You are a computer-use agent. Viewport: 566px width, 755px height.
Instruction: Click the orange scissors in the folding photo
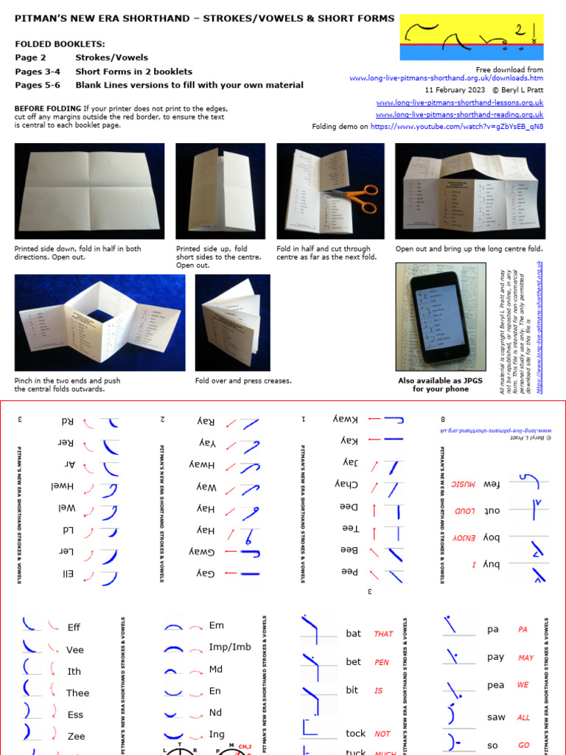[x=352, y=195]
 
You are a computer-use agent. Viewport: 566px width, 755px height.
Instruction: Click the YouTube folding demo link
[x=457, y=126]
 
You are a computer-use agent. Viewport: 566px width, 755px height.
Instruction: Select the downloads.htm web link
[x=446, y=77]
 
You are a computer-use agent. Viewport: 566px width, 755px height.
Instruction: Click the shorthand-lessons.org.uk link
[x=459, y=102]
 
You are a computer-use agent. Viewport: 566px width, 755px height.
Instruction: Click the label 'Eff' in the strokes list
[x=74, y=627]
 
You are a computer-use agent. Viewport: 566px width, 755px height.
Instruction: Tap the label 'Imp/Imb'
[x=230, y=647]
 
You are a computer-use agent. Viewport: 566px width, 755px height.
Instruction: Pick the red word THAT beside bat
[x=383, y=634]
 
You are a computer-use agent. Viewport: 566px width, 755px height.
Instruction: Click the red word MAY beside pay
[x=525, y=658]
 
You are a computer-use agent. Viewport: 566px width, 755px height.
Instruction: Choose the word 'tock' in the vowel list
[x=355, y=734]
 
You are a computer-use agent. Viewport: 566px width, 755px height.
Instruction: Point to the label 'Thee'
[x=77, y=693]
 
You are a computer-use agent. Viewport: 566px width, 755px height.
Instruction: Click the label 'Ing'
[x=217, y=734]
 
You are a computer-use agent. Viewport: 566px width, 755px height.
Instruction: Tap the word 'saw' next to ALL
[x=496, y=717]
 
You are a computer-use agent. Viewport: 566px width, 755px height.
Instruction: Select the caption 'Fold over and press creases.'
[x=243, y=381]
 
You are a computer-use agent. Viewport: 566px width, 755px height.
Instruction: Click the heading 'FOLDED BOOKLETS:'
[x=60, y=44]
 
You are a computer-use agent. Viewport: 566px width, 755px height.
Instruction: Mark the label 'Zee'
[x=76, y=737]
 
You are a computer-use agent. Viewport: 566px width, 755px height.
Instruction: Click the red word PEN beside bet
[x=382, y=662]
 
